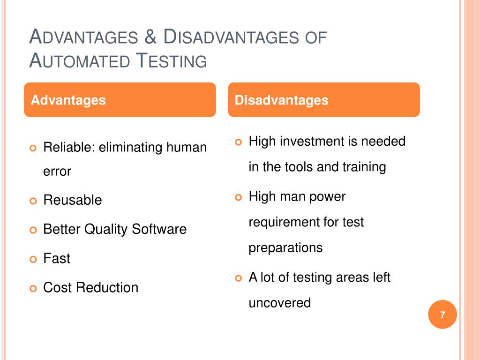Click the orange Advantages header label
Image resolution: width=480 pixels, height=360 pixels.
68,100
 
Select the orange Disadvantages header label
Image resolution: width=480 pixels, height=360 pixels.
281,100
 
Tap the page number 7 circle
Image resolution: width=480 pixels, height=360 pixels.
442,315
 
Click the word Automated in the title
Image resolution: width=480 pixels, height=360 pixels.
80,60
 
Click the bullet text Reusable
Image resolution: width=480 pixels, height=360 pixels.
72,200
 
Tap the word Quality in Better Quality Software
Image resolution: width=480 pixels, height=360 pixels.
106,229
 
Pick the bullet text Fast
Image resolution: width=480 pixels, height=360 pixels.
57,258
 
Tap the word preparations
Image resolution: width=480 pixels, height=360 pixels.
285,247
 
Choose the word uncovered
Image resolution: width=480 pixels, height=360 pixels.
279,303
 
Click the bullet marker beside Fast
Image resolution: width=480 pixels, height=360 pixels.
32,259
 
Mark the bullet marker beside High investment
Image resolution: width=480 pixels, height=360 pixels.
238,142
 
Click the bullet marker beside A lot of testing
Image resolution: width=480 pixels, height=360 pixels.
238,278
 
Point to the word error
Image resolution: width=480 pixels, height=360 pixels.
57,172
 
